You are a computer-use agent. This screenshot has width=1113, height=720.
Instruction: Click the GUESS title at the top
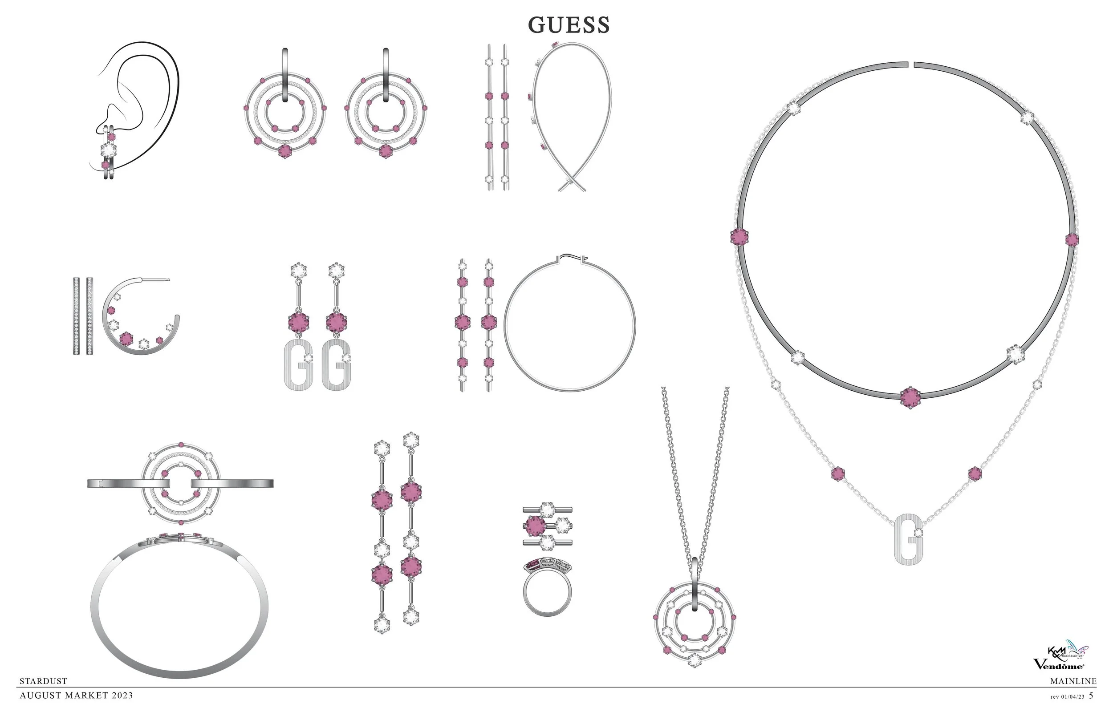[569, 25]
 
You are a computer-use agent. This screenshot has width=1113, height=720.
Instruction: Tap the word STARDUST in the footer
[44, 681]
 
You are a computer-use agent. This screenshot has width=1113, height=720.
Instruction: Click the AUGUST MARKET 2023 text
[76, 695]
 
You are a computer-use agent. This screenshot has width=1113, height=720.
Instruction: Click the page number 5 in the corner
[1091, 695]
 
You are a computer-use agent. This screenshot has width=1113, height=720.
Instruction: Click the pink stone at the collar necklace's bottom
[910, 397]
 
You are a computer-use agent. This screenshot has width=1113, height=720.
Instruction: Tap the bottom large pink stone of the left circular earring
[285, 151]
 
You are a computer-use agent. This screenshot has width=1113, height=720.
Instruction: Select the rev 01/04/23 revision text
[1067, 696]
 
